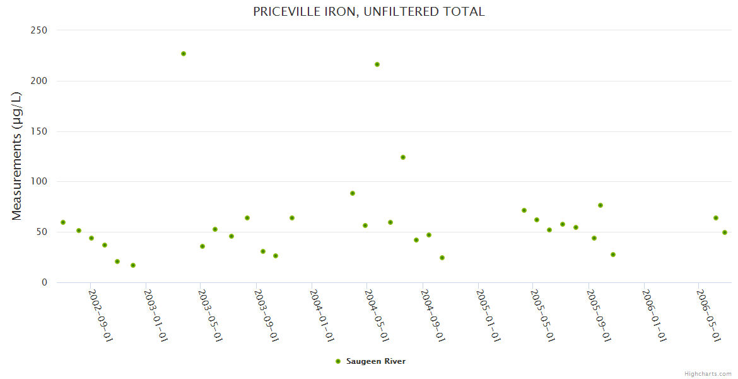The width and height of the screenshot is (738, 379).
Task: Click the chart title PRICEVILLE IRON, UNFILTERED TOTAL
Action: [368, 11]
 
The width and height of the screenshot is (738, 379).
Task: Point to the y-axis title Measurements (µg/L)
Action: [17, 156]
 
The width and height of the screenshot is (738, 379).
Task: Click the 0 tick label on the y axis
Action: [44, 282]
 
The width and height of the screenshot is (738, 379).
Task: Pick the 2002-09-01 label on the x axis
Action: [100, 316]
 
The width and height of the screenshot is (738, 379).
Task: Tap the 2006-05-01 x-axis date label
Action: [708, 316]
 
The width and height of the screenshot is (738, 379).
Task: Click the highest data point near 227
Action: [184, 54]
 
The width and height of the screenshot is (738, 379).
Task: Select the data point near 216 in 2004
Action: [377, 64]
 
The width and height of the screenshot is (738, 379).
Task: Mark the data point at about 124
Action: [403, 157]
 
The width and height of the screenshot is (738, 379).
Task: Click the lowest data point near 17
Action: [133, 265]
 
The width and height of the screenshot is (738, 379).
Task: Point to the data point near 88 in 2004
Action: [353, 193]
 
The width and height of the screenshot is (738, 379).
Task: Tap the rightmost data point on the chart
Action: [725, 232]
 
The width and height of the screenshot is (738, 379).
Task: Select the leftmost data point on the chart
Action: [63, 222]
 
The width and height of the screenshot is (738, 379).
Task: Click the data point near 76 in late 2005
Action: [600, 205]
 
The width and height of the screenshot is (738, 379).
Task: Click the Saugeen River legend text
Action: [376, 361]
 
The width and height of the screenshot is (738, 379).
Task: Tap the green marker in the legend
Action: [338, 361]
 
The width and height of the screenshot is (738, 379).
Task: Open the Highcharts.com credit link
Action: [708, 374]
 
